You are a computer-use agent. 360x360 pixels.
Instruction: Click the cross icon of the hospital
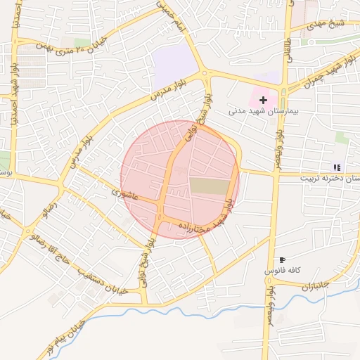point(263,101)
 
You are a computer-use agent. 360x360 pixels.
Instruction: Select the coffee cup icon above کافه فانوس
point(282,260)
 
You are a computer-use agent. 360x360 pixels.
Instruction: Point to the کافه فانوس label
point(283,271)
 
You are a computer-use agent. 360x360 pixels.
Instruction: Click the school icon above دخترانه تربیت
point(337,167)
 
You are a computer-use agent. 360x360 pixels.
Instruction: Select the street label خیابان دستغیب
point(105,284)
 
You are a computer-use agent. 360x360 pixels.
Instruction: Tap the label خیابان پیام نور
point(64,337)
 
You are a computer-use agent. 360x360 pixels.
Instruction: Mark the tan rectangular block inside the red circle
point(210,186)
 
